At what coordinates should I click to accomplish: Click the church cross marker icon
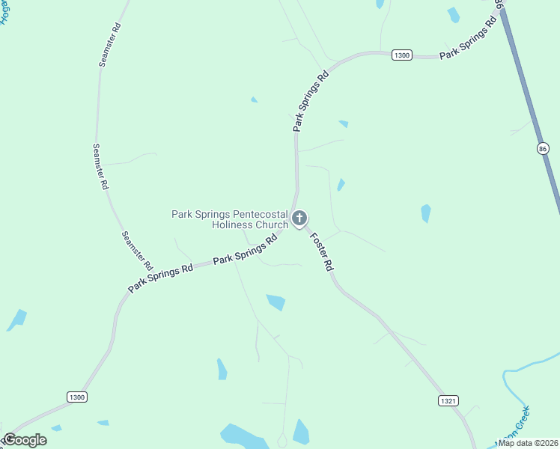point(299,219)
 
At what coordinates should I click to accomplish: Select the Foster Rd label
point(320,251)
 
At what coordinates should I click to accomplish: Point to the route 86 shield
point(543,149)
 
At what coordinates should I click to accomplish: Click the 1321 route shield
point(448,401)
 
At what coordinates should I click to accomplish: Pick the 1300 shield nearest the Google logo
point(76,397)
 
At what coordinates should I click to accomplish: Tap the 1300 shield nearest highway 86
point(402,55)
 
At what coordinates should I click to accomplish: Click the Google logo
point(25,440)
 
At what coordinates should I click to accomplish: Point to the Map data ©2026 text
point(529,443)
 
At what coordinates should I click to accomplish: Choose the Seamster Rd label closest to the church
point(138,251)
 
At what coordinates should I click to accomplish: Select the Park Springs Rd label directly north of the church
point(311,102)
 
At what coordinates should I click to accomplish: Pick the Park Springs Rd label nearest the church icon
point(246,250)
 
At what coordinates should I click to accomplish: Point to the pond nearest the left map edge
point(16,320)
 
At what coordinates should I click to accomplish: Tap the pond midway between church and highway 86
point(425,213)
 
